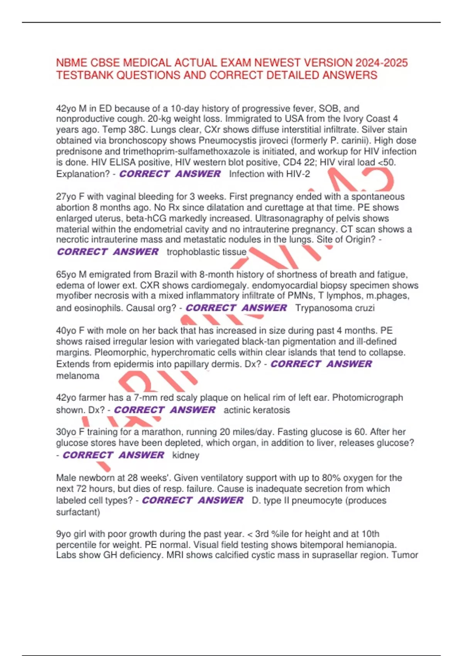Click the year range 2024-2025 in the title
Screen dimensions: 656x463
(382, 63)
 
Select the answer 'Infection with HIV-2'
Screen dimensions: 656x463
(269, 174)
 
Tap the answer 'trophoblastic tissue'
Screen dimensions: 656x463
(206, 252)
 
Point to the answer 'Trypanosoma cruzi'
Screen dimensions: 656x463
(335, 308)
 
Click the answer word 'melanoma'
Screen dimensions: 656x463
(78, 376)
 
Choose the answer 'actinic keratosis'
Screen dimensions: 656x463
(257, 410)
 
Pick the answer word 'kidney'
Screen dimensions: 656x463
(186, 455)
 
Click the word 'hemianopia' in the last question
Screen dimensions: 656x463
(373, 545)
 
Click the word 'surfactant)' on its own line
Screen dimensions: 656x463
(78, 512)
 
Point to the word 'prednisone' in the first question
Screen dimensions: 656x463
(76, 152)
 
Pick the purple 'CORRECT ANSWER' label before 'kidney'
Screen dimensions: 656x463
(113, 455)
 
